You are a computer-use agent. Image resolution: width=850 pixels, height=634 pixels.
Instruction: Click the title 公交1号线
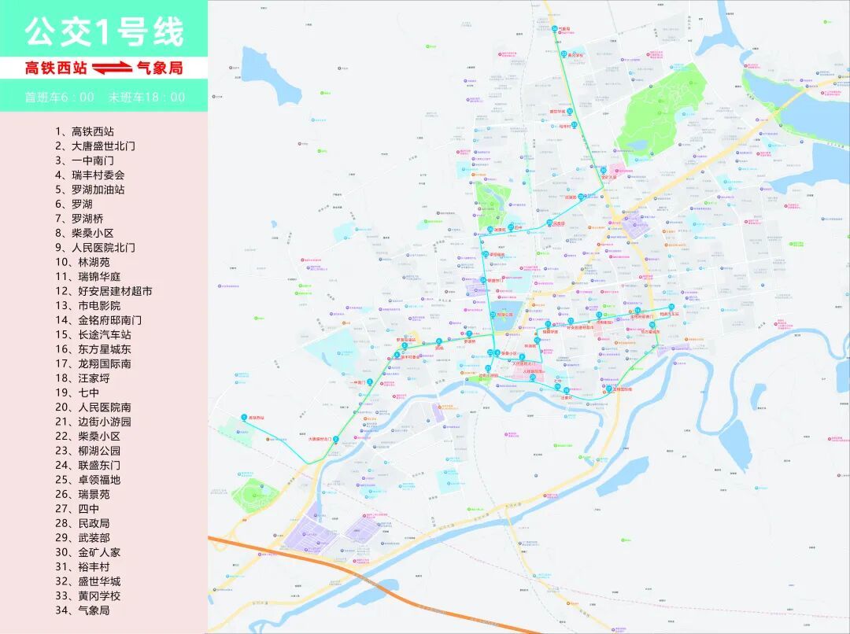104,31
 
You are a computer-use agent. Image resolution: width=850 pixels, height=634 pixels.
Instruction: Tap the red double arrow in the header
112,68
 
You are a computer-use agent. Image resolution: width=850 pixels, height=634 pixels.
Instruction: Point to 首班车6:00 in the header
59,98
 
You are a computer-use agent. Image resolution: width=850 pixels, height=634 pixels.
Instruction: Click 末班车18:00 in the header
146,98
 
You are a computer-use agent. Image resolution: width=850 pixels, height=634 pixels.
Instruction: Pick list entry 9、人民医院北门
94,247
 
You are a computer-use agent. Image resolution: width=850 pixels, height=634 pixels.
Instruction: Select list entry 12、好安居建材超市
103,291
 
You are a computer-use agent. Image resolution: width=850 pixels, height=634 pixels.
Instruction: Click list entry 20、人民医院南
93,407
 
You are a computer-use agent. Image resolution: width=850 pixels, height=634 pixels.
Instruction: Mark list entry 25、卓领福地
87,480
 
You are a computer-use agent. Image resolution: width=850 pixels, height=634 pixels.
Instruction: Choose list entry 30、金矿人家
87,552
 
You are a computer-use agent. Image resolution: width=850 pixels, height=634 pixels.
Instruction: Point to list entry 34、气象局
82,610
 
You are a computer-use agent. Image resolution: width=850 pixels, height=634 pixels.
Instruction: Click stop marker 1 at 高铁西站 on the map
243,417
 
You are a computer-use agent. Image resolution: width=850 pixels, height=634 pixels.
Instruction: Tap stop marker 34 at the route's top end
554,29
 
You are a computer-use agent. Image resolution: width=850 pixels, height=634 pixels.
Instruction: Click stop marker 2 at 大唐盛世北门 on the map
336,439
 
